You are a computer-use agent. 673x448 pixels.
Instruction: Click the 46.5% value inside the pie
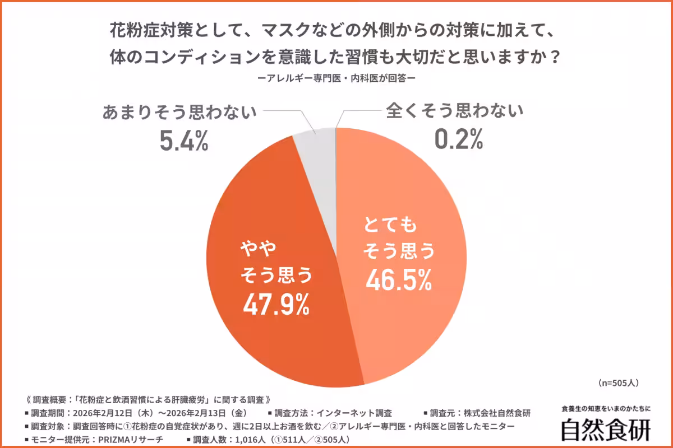[x=399, y=280]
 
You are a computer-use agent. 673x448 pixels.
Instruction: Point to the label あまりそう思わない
[x=179, y=112]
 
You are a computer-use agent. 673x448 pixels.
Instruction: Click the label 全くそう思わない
[x=455, y=111]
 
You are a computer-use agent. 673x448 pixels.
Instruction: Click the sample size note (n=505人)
[x=615, y=383]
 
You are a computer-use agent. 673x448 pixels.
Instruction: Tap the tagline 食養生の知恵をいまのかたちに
[x=606, y=409]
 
